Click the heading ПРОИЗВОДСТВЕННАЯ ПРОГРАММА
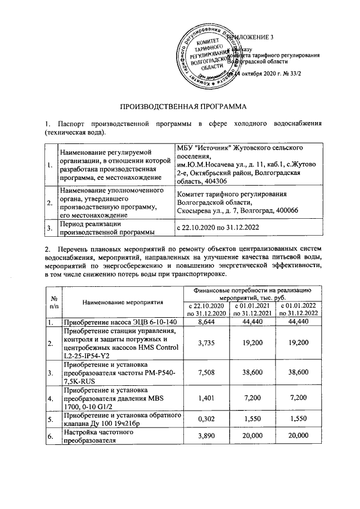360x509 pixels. (x=179, y=105)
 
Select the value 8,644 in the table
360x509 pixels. (x=208, y=322)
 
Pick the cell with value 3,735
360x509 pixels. (x=208, y=343)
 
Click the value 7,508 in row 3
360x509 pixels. (x=208, y=372)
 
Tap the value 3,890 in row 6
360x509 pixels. (x=208, y=437)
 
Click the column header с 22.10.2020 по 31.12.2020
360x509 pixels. (x=208, y=309)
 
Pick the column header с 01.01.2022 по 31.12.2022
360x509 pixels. (x=298, y=309)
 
